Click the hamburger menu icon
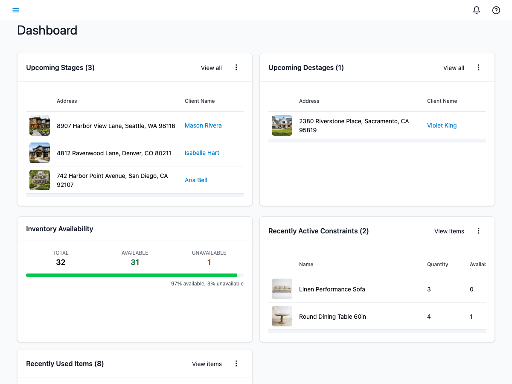(16, 10)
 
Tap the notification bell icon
(477, 10)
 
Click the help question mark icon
(496, 10)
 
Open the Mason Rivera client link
(203, 125)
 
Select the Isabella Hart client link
(202, 153)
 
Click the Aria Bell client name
(196, 180)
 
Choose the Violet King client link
(442, 125)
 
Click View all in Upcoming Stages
(211, 68)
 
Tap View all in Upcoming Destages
(454, 68)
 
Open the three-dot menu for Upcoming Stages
(236, 67)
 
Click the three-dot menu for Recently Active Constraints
(479, 231)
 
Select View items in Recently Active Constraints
(449, 231)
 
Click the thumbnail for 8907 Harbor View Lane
(40, 125)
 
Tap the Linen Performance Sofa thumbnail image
(282, 289)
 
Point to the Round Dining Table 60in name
(332, 317)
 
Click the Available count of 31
(135, 262)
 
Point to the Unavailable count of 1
(209, 262)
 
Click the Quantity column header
(437, 265)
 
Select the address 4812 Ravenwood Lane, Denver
(114, 153)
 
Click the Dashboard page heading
(47, 30)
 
